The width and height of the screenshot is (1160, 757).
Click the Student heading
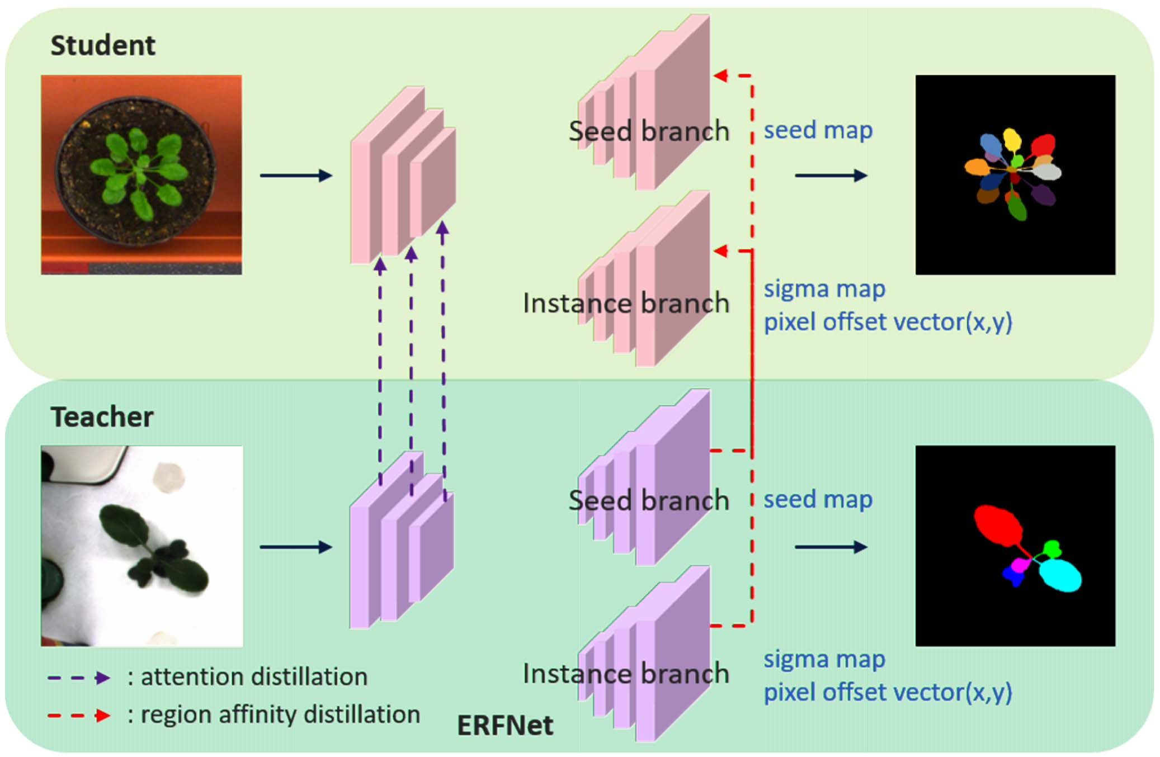tap(103, 45)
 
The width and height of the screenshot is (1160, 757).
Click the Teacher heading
tap(102, 417)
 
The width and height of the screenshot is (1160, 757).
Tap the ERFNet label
tap(505, 726)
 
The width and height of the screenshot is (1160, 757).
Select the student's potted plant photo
tap(142, 175)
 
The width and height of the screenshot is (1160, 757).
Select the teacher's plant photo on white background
tap(142, 546)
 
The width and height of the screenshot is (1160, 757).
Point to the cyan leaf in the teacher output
tap(1060, 575)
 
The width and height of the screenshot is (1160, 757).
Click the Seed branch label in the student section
tap(649, 131)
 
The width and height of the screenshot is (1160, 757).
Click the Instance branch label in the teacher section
tap(626, 674)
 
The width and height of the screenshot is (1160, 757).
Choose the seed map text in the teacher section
tap(818, 499)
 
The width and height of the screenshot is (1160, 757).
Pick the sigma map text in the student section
tap(824, 289)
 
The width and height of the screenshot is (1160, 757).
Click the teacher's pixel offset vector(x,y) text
tap(888, 692)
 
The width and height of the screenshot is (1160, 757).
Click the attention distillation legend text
tap(254, 677)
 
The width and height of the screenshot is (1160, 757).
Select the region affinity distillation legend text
tap(280, 715)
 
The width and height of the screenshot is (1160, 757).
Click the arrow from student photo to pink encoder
tap(296, 176)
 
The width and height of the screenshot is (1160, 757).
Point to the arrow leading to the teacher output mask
tap(831, 547)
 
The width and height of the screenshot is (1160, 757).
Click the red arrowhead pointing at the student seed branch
tap(721, 75)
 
